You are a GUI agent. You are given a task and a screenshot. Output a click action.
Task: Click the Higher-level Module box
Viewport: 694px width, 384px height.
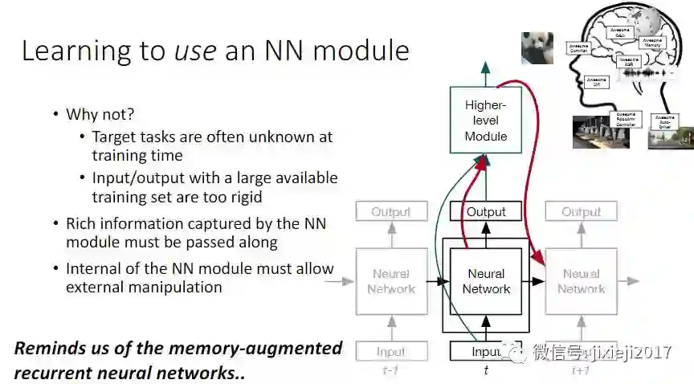(486, 121)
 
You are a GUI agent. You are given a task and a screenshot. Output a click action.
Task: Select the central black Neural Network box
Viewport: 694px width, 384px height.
(486, 281)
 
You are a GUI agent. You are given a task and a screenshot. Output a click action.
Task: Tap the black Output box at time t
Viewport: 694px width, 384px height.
(486, 212)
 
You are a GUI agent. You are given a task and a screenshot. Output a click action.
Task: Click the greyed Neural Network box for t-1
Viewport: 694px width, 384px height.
(391, 281)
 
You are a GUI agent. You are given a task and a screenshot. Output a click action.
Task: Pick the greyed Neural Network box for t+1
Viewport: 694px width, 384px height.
(581, 281)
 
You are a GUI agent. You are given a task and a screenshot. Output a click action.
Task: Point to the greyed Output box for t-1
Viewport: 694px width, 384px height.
(391, 212)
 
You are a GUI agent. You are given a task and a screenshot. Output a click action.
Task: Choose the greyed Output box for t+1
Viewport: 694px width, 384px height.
(581, 212)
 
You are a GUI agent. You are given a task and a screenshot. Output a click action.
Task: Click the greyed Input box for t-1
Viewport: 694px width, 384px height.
(391, 351)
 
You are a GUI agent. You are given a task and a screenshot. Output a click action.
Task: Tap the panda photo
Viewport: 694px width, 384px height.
(537, 47)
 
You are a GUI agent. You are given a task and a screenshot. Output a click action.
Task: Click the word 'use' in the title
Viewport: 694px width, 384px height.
(197, 51)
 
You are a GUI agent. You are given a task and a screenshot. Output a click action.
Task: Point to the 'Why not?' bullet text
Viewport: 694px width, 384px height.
(100, 114)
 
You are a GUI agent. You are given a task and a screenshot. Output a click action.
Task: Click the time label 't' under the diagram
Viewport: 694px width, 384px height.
(486, 371)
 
